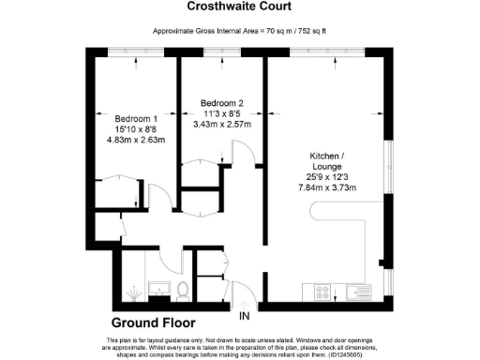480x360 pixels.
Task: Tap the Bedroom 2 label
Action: click(x=222, y=102)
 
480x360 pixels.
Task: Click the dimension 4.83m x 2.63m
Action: click(x=137, y=141)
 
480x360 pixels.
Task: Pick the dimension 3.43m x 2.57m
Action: click(x=222, y=124)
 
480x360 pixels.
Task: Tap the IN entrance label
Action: click(x=245, y=315)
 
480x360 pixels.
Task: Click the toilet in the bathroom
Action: click(x=183, y=290)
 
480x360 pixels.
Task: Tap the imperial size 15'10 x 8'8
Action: click(x=136, y=129)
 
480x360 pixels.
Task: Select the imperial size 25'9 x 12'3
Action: click(x=335, y=175)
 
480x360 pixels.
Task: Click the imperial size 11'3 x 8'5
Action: click(x=222, y=112)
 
